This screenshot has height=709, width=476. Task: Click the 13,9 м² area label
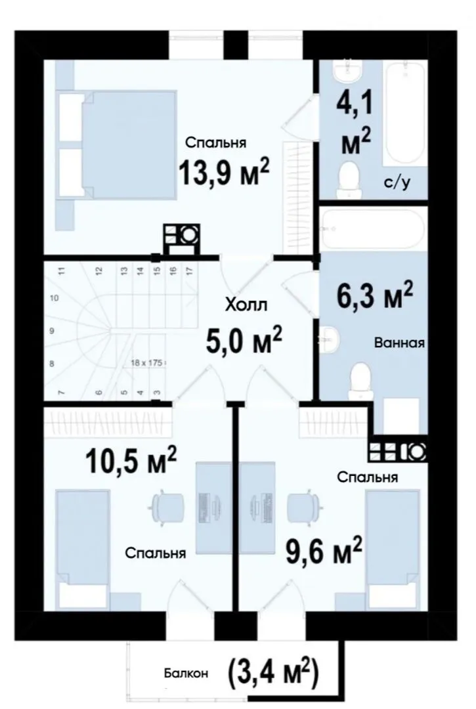click(225, 172)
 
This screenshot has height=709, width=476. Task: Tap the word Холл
click(246, 305)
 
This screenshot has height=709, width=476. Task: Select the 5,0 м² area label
click(244, 339)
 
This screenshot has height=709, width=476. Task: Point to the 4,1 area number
click(354, 102)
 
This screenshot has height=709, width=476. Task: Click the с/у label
click(397, 183)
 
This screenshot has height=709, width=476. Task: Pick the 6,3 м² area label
click(375, 294)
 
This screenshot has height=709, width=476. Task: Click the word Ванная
click(400, 343)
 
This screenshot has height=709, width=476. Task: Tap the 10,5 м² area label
click(131, 460)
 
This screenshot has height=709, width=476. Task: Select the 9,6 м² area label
click(324, 550)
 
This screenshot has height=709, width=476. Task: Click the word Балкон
click(186, 674)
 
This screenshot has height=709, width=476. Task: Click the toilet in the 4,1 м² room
click(349, 181)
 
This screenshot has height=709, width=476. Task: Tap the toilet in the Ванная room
click(360, 380)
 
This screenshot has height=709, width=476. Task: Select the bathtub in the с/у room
click(404, 114)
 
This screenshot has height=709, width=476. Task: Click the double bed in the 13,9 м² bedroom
click(116, 144)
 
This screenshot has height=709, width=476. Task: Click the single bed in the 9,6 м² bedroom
click(392, 550)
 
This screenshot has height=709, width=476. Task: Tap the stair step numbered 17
click(190, 270)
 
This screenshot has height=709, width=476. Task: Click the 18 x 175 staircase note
click(147, 362)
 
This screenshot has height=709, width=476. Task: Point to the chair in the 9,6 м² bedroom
click(304, 506)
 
